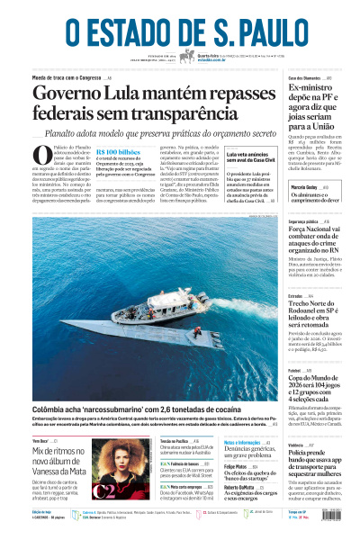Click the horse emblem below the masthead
click(x=187, y=57)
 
